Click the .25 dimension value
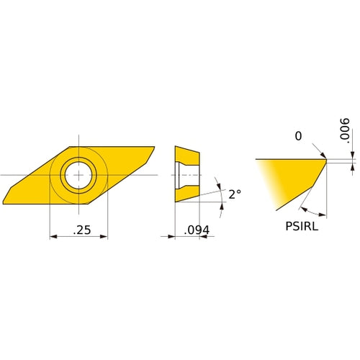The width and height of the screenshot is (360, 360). click(x=82, y=230)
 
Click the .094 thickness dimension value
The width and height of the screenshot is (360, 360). click(x=197, y=230)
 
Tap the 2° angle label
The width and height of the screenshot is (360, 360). click(x=235, y=194)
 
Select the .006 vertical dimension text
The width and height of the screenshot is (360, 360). click(x=344, y=131)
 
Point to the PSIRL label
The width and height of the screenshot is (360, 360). click(x=302, y=226)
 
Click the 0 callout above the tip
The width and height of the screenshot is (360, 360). click(x=298, y=136)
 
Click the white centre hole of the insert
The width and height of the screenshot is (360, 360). click(x=78, y=175)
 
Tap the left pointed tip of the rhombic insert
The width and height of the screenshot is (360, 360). click(x=3, y=204)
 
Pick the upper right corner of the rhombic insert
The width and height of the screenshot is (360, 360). click(x=154, y=147)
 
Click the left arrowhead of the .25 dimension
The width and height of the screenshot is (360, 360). click(x=53, y=237)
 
